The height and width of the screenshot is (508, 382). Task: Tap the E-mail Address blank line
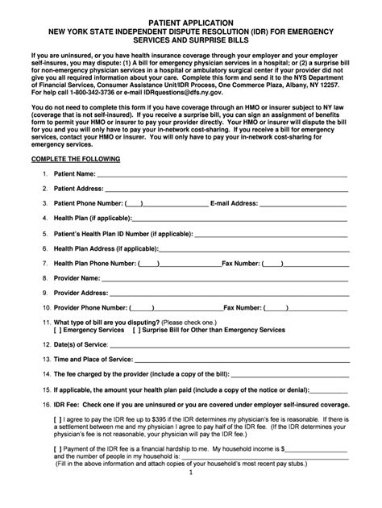pos(306,204)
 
